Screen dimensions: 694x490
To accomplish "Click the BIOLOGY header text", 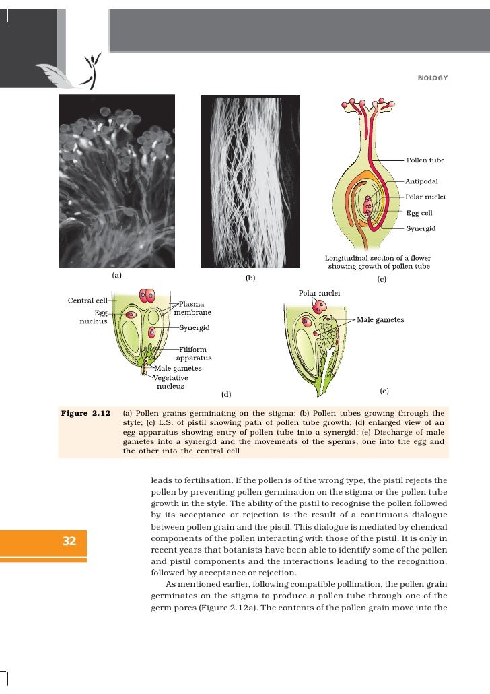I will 432,79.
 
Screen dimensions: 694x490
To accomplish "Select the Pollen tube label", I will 425,160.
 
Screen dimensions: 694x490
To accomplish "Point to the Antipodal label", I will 421,182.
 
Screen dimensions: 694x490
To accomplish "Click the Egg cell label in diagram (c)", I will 419,213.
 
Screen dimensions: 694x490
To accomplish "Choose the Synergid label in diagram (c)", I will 421,229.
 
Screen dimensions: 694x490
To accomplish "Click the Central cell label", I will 89,300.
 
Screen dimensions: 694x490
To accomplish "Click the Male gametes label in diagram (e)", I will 380,320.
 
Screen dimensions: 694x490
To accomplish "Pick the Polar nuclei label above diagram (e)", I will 319,294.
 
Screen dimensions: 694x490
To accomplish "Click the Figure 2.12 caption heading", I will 85,413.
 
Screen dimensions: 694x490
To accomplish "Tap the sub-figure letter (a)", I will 116,275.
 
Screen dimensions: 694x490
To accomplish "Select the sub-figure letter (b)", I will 250,277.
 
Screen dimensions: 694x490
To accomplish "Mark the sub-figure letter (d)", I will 226,393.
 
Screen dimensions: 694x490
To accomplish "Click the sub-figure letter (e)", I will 384,391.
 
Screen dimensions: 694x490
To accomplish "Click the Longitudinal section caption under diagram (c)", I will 378,262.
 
